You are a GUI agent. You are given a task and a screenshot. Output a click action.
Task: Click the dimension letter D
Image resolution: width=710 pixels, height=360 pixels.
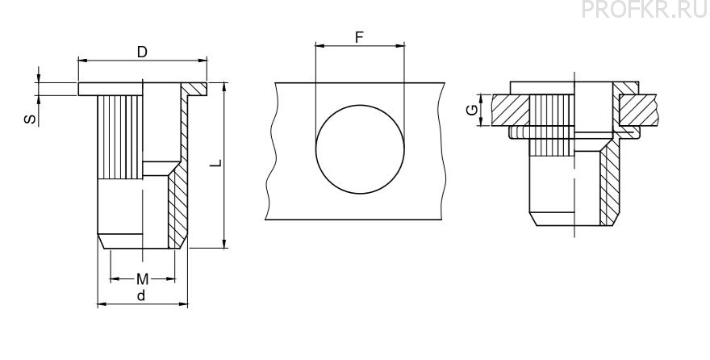(142, 52)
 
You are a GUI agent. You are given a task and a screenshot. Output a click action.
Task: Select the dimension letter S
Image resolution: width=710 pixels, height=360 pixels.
(30, 119)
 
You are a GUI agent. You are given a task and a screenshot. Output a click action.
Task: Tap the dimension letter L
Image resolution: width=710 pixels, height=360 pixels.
(216, 163)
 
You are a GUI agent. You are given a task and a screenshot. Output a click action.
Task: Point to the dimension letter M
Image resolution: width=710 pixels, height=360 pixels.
(142, 279)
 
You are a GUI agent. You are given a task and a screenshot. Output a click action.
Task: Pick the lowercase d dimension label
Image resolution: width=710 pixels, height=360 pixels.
(142, 295)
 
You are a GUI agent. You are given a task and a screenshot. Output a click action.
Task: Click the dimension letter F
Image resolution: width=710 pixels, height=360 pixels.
(360, 38)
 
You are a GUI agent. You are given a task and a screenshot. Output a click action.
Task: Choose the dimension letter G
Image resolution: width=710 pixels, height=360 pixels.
(472, 110)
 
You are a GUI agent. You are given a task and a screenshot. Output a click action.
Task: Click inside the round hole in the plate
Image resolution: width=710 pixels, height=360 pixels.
(360, 149)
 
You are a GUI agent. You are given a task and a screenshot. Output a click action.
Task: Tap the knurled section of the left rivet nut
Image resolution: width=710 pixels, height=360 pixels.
(120, 136)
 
